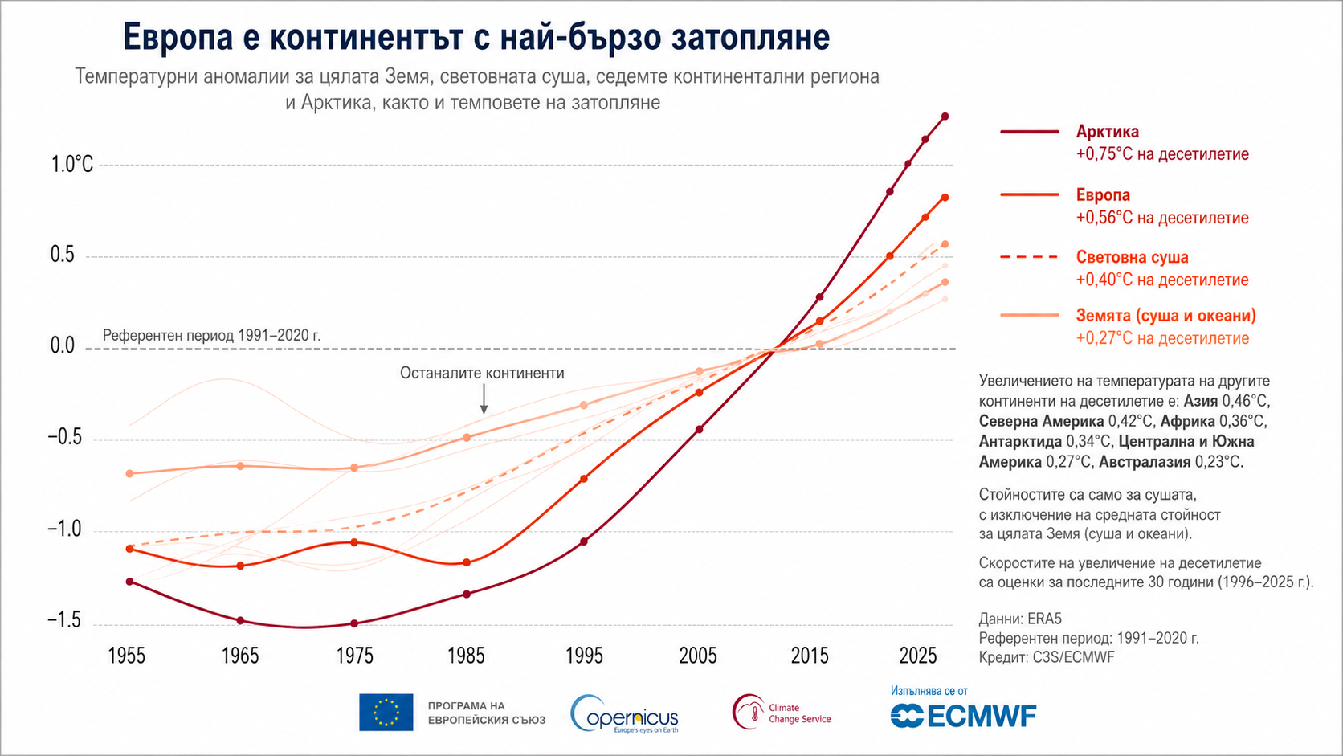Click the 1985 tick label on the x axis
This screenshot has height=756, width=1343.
click(466, 656)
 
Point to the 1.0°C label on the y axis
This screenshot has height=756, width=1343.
click(72, 164)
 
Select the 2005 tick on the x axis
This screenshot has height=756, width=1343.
click(698, 656)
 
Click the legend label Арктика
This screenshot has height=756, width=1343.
click(1108, 131)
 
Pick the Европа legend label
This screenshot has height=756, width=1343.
click(1103, 195)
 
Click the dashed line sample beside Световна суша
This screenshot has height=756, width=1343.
click(1030, 257)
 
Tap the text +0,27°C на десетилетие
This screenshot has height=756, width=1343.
click(1162, 338)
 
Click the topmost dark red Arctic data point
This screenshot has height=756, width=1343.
click(945, 116)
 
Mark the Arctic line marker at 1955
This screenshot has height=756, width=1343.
click(129, 582)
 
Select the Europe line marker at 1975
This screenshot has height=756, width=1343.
click(353, 542)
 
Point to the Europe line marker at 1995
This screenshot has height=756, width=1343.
click(584, 478)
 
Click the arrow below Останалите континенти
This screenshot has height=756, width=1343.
click(484, 398)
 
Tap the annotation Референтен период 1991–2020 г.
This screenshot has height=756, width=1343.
click(211, 335)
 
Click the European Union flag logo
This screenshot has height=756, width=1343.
click(386, 713)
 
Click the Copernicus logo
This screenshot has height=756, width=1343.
click(624, 713)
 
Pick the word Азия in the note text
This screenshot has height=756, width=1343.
click(1200, 400)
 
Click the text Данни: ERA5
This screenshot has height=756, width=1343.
click(1020, 619)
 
